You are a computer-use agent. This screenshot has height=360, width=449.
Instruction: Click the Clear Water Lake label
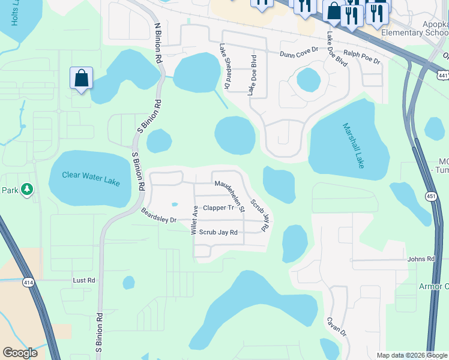pos(91,178)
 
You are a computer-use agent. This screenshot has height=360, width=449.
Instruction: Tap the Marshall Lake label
pos(354,145)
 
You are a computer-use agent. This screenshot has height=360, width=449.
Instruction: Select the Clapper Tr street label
pos(218,208)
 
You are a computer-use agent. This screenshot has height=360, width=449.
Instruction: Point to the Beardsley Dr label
pos(158,215)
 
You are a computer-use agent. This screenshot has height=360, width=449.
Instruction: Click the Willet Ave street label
pos(194,220)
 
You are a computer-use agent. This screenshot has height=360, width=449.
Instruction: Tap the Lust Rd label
pos(84,280)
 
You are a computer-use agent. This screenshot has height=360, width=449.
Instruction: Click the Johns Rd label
pos(420,259)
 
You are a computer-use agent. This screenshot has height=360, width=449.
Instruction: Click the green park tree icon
pos(26,190)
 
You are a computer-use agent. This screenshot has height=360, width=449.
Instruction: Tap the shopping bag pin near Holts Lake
pos(81,78)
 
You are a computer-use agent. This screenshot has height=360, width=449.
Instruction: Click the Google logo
pos(20,353)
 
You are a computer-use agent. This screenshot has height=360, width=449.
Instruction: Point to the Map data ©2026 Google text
pos(411,355)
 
